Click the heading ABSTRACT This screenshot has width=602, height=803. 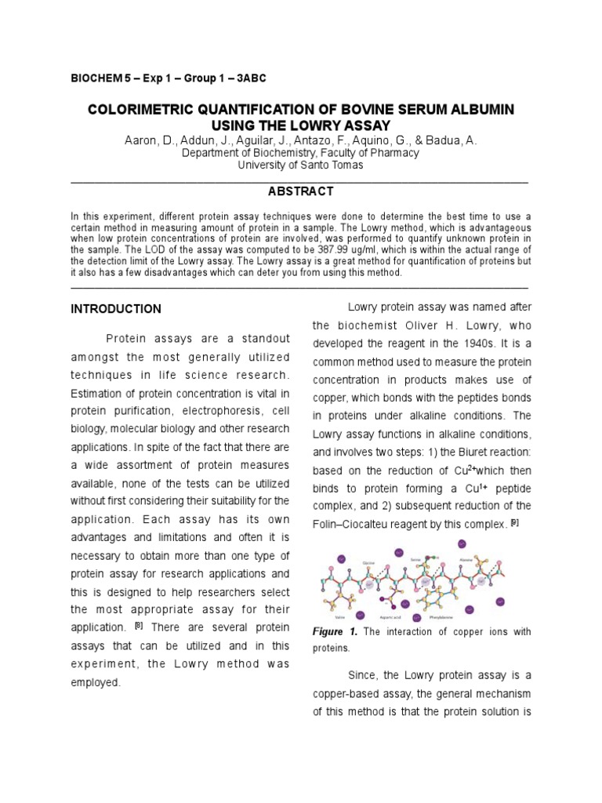pos(301,191)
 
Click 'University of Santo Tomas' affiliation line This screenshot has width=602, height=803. pos(301,165)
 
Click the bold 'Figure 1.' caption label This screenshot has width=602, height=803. pos(335,632)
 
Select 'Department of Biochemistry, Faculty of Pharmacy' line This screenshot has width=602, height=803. pos(301,153)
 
